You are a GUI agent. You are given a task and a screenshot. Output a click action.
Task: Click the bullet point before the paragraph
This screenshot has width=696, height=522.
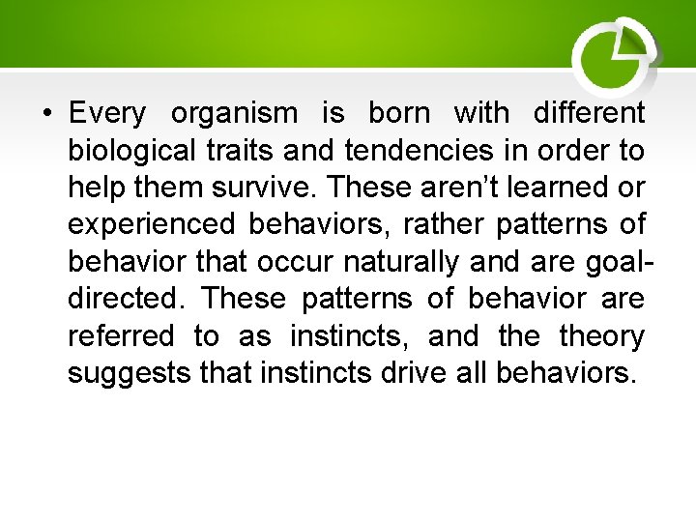tap(46, 114)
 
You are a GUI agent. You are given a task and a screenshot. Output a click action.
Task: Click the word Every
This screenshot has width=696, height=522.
tap(107, 114)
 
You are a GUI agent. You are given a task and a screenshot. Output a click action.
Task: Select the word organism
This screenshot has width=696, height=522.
tap(235, 114)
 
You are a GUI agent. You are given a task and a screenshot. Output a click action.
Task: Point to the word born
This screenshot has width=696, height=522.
tap(399, 114)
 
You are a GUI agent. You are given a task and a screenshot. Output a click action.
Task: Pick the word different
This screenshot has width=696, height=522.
tap(589, 114)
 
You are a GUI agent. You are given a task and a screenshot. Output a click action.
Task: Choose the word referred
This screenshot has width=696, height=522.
tap(121, 335)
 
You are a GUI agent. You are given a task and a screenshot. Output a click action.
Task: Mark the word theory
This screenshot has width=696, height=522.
tap(601, 335)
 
